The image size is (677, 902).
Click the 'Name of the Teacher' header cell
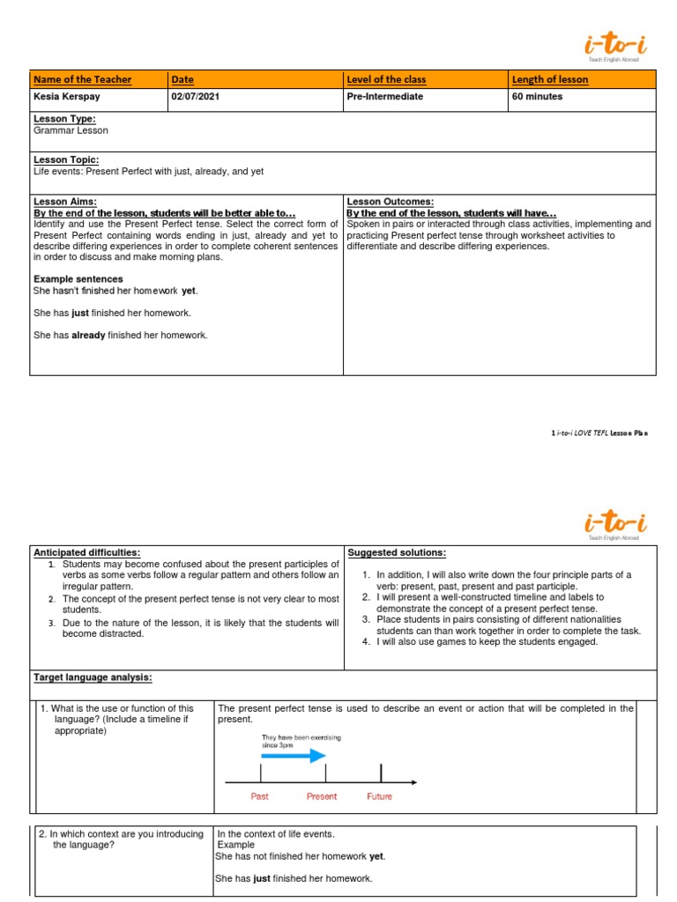82,79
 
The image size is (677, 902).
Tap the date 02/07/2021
197,97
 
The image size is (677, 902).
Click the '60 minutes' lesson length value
537,97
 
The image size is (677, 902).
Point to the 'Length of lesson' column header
550,79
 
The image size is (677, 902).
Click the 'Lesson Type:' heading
64,119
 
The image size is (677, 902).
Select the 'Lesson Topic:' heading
66,159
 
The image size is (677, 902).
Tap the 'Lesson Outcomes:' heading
391,202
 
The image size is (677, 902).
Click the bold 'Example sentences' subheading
78,279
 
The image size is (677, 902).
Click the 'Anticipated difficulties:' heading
86,552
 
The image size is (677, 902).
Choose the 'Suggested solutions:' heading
397,552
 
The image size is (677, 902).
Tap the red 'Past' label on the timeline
260,796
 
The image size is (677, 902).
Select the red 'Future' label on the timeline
380,796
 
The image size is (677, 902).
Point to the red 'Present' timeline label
322,796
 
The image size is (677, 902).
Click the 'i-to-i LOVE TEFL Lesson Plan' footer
599,433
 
